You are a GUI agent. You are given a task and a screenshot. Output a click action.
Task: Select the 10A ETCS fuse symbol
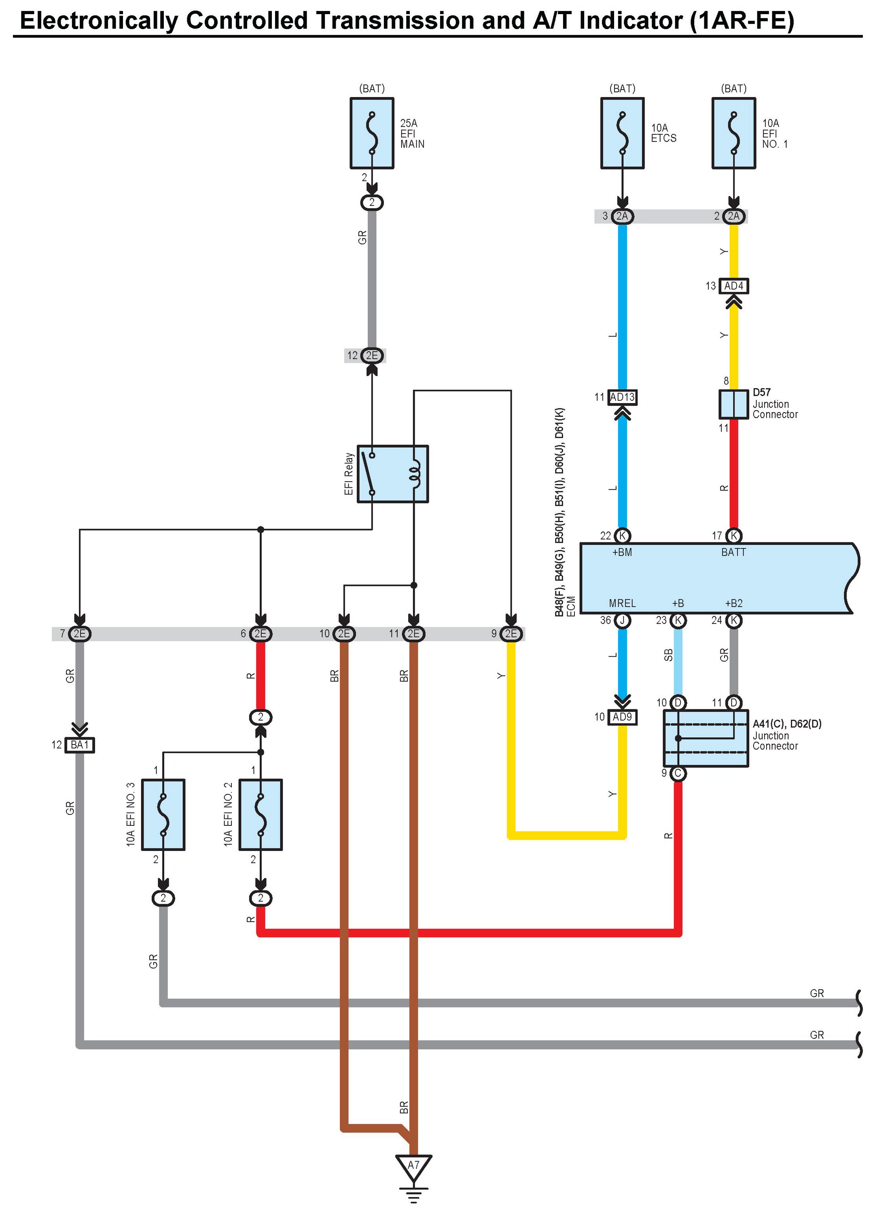coord(622,133)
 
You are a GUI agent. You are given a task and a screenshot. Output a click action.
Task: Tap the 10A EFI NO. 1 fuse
coord(733,133)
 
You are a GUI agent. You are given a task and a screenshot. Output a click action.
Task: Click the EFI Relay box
coord(392,474)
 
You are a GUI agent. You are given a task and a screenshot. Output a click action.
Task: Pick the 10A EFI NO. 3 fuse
coord(163,814)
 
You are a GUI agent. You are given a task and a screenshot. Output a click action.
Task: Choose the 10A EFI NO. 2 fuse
coord(260,814)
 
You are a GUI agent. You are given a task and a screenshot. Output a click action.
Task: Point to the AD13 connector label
coord(622,397)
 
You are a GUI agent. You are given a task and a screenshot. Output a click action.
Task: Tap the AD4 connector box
coord(733,286)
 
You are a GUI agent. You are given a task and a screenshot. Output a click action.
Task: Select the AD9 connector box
coord(622,717)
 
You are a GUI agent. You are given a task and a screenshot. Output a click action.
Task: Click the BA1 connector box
coord(80,745)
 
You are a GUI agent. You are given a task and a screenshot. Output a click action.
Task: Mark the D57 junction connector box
coord(733,404)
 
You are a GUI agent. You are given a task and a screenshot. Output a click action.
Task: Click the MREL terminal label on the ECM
coord(622,603)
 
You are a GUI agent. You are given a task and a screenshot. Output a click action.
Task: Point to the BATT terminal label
coord(733,552)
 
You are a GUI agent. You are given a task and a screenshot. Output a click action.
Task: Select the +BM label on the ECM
coord(622,552)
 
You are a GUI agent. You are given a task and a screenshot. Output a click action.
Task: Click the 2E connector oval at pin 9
coord(511,633)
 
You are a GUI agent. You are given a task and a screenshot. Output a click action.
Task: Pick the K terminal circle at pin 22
coord(622,535)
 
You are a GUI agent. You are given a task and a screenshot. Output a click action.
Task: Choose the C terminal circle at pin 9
coord(678,773)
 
